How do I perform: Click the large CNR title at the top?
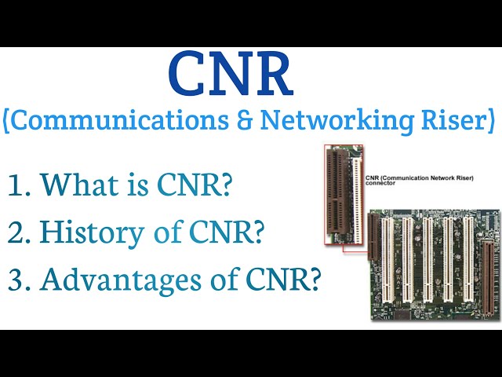point(230,75)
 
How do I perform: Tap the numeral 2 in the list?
point(16,233)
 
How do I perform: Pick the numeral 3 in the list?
point(16,280)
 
